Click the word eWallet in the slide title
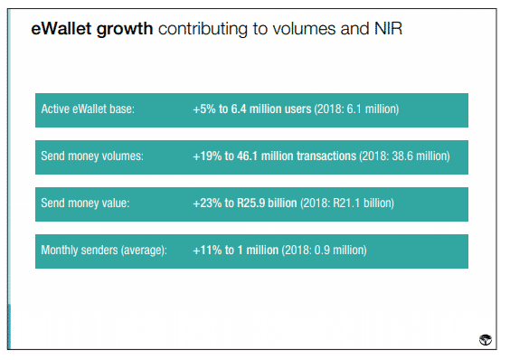coord(61,29)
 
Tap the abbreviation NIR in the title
coord(388,29)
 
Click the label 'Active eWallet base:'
coord(88,109)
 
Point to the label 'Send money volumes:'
coord(92,156)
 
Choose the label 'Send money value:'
coord(85,204)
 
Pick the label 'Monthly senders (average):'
coord(104,251)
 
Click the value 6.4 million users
coord(271,109)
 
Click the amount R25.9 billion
coord(267,204)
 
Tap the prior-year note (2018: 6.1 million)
coord(356,109)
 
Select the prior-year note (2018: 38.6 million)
coord(404,156)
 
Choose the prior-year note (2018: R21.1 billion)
coord(347,204)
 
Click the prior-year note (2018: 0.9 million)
coord(325,251)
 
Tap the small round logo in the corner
coord(486,339)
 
